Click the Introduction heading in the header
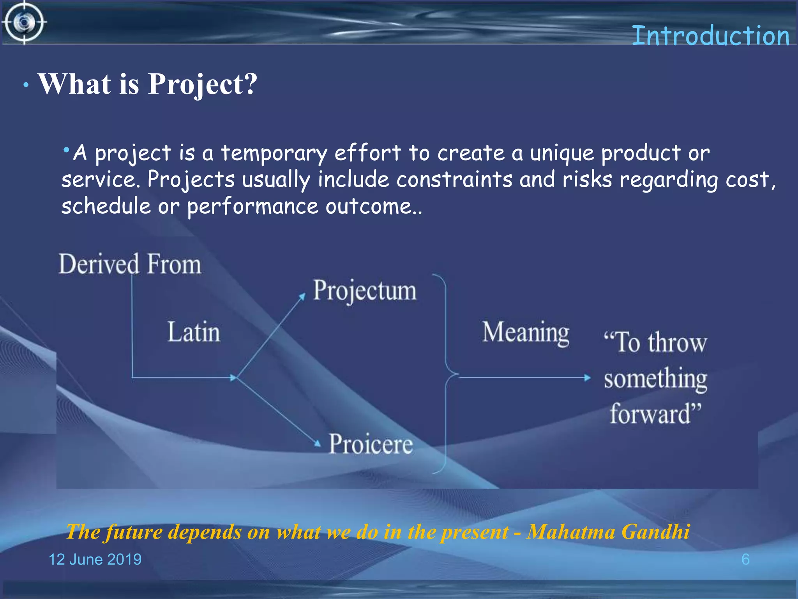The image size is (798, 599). [x=710, y=36]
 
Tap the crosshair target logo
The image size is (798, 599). [x=24, y=23]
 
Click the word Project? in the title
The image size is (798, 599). [x=203, y=85]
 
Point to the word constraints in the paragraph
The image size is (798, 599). [x=454, y=180]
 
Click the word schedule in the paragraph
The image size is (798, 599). [x=106, y=206]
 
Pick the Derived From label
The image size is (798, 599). [x=130, y=264]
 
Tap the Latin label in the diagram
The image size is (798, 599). [x=194, y=332]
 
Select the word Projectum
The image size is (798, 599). [x=365, y=291]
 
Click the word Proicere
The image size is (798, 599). [x=371, y=444]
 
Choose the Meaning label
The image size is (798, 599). [x=526, y=333]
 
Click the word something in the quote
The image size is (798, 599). [x=655, y=379]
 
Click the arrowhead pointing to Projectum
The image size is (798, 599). [x=302, y=297]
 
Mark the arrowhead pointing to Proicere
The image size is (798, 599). [x=318, y=443]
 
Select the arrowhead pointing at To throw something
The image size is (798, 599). [x=587, y=377]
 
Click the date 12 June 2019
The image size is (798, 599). [x=95, y=560]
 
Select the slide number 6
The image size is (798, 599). [x=745, y=560]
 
